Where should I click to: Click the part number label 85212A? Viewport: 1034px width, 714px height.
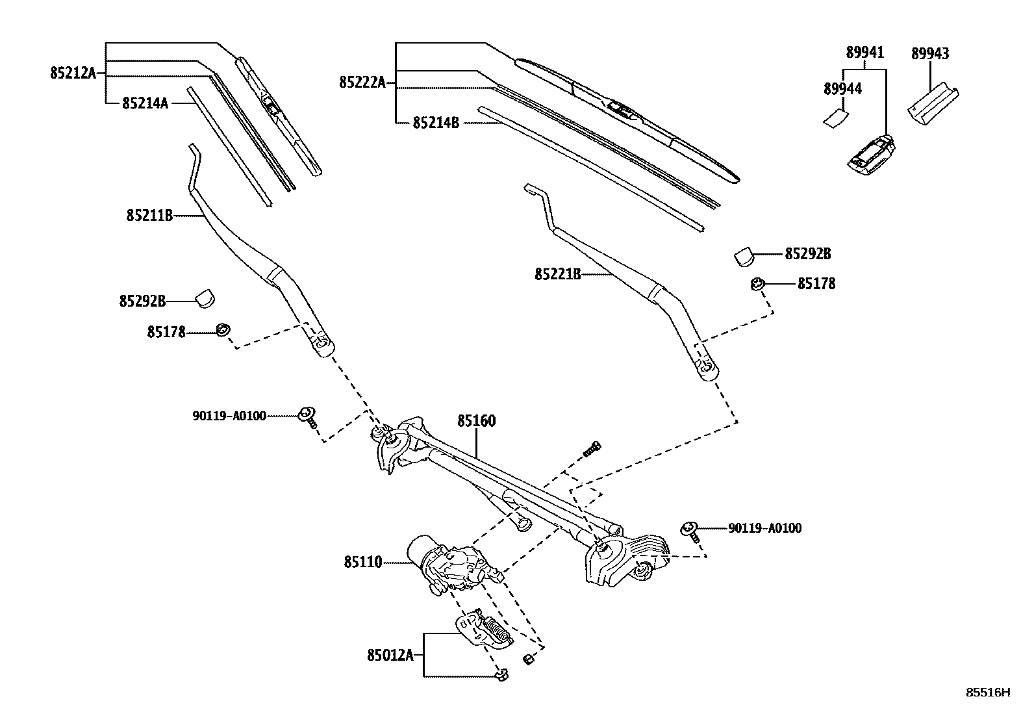tap(72, 73)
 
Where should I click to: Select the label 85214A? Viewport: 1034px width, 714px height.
tap(145, 103)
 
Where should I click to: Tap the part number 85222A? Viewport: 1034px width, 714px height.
tap(362, 82)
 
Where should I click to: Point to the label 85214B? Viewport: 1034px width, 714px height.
tap(435, 122)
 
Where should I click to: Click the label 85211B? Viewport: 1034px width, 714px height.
tap(149, 215)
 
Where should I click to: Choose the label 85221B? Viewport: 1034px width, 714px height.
tap(557, 274)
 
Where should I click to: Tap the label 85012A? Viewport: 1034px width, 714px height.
tap(390, 654)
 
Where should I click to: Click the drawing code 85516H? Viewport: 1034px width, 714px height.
tap(988, 693)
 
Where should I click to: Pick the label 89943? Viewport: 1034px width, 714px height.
tap(929, 54)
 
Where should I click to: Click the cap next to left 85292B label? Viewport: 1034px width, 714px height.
tap(205, 299)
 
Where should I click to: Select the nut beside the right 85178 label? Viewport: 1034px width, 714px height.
tap(757, 284)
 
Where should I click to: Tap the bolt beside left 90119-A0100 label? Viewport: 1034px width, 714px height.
tap(307, 416)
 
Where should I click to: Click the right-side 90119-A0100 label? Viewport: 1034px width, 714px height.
tap(764, 528)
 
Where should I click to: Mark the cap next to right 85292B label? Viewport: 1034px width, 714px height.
tap(743, 256)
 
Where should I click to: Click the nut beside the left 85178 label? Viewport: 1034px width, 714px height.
tap(223, 330)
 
